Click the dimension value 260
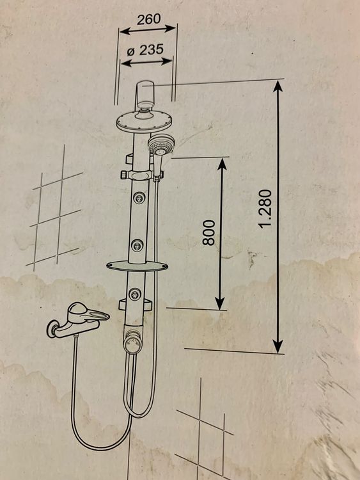pyautogui.click(x=148, y=19)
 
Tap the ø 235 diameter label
pyautogui.click(x=145, y=49)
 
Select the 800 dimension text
pyautogui.click(x=209, y=233)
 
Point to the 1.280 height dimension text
pyautogui.click(x=265, y=209)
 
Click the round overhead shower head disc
pyautogui.click(x=144, y=122)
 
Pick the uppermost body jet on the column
pyautogui.click(x=139, y=198)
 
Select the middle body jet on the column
pyautogui.click(x=137, y=245)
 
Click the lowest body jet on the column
pyautogui.click(x=135, y=294)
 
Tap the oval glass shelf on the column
pyautogui.click(x=137, y=266)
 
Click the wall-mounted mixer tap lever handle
pyautogui.click(x=88, y=312)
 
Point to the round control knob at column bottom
pyautogui.click(x=132, y=343)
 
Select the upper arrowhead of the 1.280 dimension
pyautogui.click(x=278, y=86)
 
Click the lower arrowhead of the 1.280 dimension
pyautogui.click(x=278, y=346)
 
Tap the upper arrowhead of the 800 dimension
pyautogui.click(x=222, y=164)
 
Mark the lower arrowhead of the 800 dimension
pyautogui.click(x=219, y=303)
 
